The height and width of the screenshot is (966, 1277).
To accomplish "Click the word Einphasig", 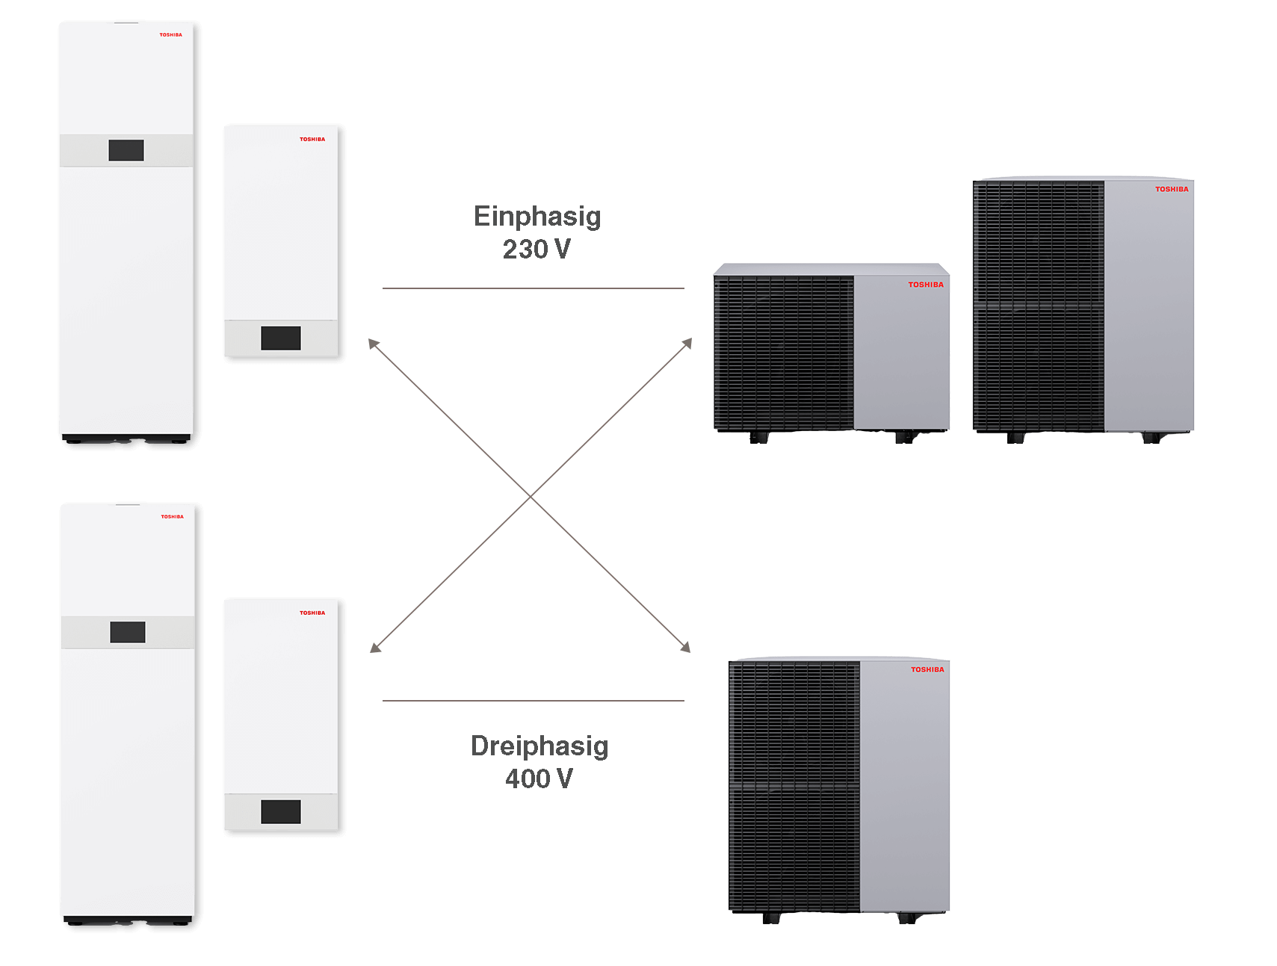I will point(537,217).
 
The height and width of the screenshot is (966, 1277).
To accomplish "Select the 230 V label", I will point(537,249).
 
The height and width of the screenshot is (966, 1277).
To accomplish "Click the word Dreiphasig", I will point(539,746).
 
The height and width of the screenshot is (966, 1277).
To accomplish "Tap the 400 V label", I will point(539,778).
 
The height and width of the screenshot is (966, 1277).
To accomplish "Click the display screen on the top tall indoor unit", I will point(126,150).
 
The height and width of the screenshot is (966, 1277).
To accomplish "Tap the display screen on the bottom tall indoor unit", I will point(128,632).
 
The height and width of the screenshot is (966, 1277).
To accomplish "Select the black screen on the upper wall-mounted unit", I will point(281,338).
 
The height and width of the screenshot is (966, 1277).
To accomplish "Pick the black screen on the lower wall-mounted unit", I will point(281,811).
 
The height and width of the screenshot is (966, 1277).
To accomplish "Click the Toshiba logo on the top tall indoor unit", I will point(170,35).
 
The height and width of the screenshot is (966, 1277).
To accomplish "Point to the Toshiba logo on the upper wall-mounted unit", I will point(312,140).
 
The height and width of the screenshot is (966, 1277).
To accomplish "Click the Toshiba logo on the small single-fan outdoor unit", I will point(926,285).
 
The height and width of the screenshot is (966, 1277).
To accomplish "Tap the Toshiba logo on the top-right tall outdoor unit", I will point(1172,189).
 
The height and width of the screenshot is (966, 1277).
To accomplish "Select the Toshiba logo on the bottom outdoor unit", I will point(927,669).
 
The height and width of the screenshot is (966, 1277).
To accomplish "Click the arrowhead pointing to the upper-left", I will point(373,344).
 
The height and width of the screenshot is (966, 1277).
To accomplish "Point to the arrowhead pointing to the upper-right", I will point(687,343).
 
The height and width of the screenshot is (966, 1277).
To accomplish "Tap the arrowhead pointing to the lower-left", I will point(375,648).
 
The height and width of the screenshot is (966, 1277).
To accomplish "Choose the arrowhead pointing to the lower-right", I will point(685,647).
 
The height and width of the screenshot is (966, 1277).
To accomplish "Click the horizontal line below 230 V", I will point(534,288).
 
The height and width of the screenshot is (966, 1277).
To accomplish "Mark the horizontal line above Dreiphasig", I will point(534,701).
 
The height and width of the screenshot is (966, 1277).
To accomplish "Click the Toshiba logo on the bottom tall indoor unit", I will point(172,517).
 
